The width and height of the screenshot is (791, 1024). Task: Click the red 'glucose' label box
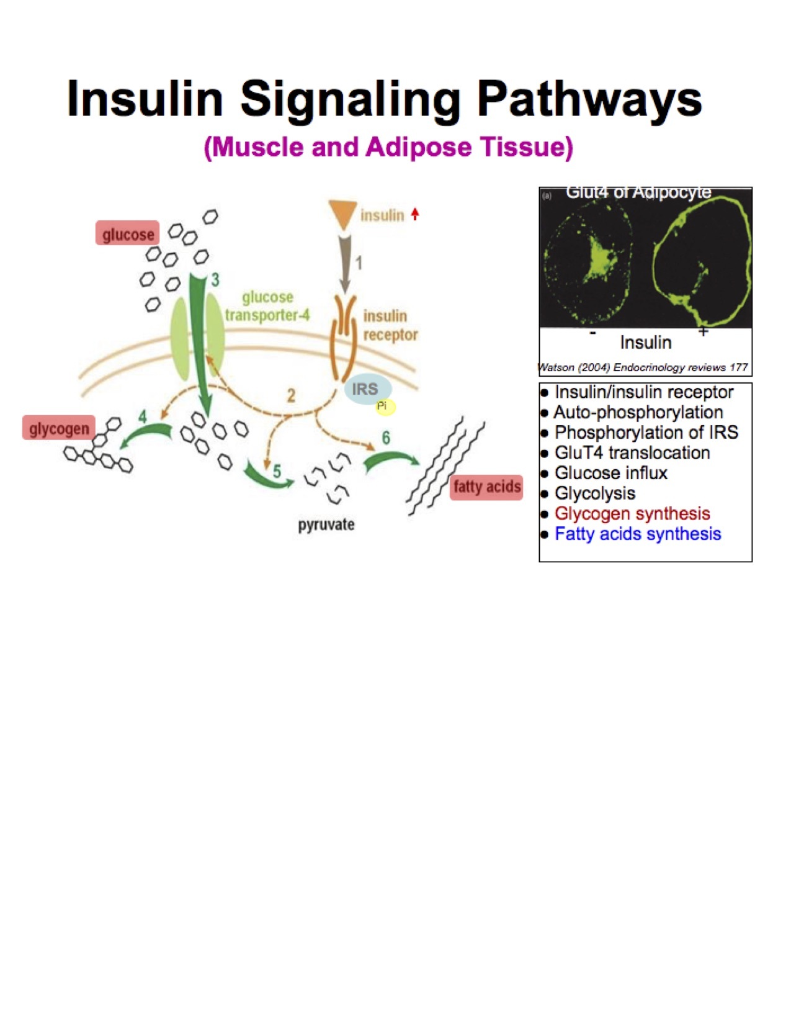click(x=128, y=234)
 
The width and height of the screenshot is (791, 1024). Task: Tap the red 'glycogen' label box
click(x=59, y=428)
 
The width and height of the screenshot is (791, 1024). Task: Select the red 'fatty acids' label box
click(x=486, y=487)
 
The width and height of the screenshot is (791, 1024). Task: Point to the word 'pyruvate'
click(x=326, y=525)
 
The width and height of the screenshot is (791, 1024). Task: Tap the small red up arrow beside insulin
click(x=415, y=214)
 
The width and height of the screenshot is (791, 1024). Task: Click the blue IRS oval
click(x=367, y=388)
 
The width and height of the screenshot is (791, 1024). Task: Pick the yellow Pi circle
click(x=384, y=406)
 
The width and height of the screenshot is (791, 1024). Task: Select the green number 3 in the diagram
click(x=215, y=280)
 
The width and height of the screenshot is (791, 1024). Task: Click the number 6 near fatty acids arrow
click(x=386, y=438)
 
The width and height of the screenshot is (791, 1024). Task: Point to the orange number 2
click(x=290, y=395)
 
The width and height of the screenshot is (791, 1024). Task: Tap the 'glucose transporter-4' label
click(x=267, y=306)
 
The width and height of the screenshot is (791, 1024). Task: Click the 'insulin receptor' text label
click(x=390, y=325)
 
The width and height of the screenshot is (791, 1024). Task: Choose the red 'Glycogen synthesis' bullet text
click(x=632, y=514)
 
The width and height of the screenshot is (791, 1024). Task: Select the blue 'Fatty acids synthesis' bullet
click(x=638, y=534)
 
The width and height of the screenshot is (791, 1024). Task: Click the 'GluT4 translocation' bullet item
click(x=632, y=453)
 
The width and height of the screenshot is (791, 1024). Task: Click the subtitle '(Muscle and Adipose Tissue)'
click(x=388, y=148)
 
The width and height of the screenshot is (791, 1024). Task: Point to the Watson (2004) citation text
click(x=644, y=367)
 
